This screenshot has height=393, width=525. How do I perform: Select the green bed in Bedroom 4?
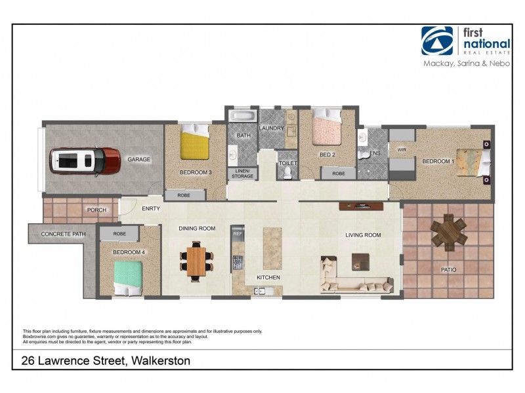click(x=129, y=278)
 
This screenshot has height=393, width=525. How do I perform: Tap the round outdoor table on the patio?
click(x=449, y=231)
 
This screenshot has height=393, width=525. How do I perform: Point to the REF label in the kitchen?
click(x=238, y=233)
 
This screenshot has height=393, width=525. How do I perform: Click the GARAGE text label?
click(x=139, y=159)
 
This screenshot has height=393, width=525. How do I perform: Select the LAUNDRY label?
click(x=270, y=128)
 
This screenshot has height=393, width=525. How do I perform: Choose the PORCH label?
click(x=96, y=210)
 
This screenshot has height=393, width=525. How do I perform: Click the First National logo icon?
click(x=437, y=41)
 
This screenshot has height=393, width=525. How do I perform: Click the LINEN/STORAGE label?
click(x=242, y=173)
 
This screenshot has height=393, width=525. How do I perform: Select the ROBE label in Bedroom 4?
click(x=119, y=233)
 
